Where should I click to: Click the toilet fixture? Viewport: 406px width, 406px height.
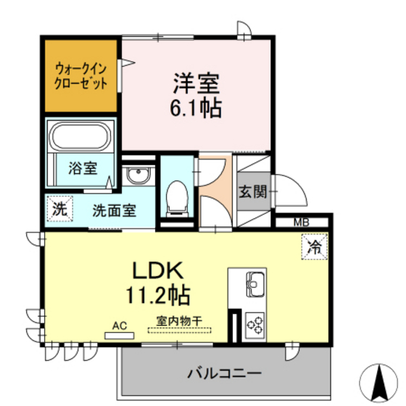click(176, 196)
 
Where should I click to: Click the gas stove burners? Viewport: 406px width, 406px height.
click(255, 323)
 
